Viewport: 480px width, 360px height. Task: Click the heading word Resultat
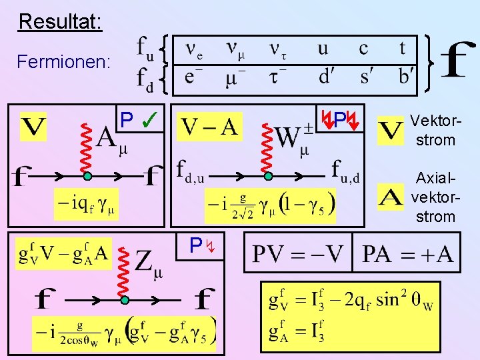click(60, 21)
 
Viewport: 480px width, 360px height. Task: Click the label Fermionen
click(64, 62)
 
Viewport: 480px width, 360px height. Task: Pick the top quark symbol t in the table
click(403, 48)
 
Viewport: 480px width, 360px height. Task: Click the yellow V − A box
click(210, 127)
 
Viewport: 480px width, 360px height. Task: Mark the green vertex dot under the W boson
click(268, 177)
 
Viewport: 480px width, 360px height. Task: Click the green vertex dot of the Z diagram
click(125, 301)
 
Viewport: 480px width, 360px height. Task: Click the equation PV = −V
click(297, 254)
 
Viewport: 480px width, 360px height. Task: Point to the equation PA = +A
click(407, 254)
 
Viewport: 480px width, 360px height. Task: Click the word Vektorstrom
click(433, 130)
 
